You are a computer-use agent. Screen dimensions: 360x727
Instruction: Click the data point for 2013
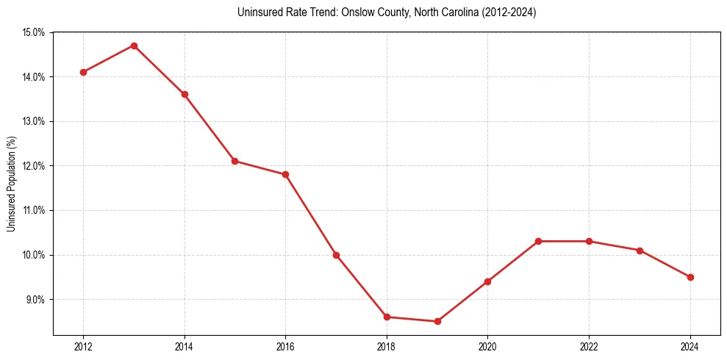(134, 46)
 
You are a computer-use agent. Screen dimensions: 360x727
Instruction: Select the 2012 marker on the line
(83, 72)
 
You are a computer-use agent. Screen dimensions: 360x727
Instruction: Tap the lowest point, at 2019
(437, 321)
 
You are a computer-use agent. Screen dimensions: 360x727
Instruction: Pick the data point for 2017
(336, 255)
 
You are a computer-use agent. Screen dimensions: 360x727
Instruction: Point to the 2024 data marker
(690, 277)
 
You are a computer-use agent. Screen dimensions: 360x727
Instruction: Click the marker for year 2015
(234, 161)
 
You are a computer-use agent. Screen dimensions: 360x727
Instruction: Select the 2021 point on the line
(538, 241)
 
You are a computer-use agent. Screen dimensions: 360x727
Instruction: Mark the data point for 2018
(387, 317)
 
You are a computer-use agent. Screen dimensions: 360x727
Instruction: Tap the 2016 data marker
(285, 174)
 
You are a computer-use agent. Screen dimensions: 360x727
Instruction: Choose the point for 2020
(487, 281)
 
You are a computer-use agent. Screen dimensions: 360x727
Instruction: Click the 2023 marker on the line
(640, 251)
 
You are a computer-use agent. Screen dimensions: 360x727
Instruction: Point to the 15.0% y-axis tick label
(35, 32)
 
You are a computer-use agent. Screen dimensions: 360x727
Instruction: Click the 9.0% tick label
(36, 300)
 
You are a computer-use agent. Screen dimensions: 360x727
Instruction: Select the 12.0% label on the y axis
(35, 166)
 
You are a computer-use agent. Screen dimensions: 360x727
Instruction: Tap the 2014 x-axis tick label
(185, 347)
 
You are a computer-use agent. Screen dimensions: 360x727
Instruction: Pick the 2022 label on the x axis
(589, 347)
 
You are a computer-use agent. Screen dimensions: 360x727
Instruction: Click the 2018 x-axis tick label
(387, 347)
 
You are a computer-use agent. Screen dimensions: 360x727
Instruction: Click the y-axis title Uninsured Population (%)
(11, 184)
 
